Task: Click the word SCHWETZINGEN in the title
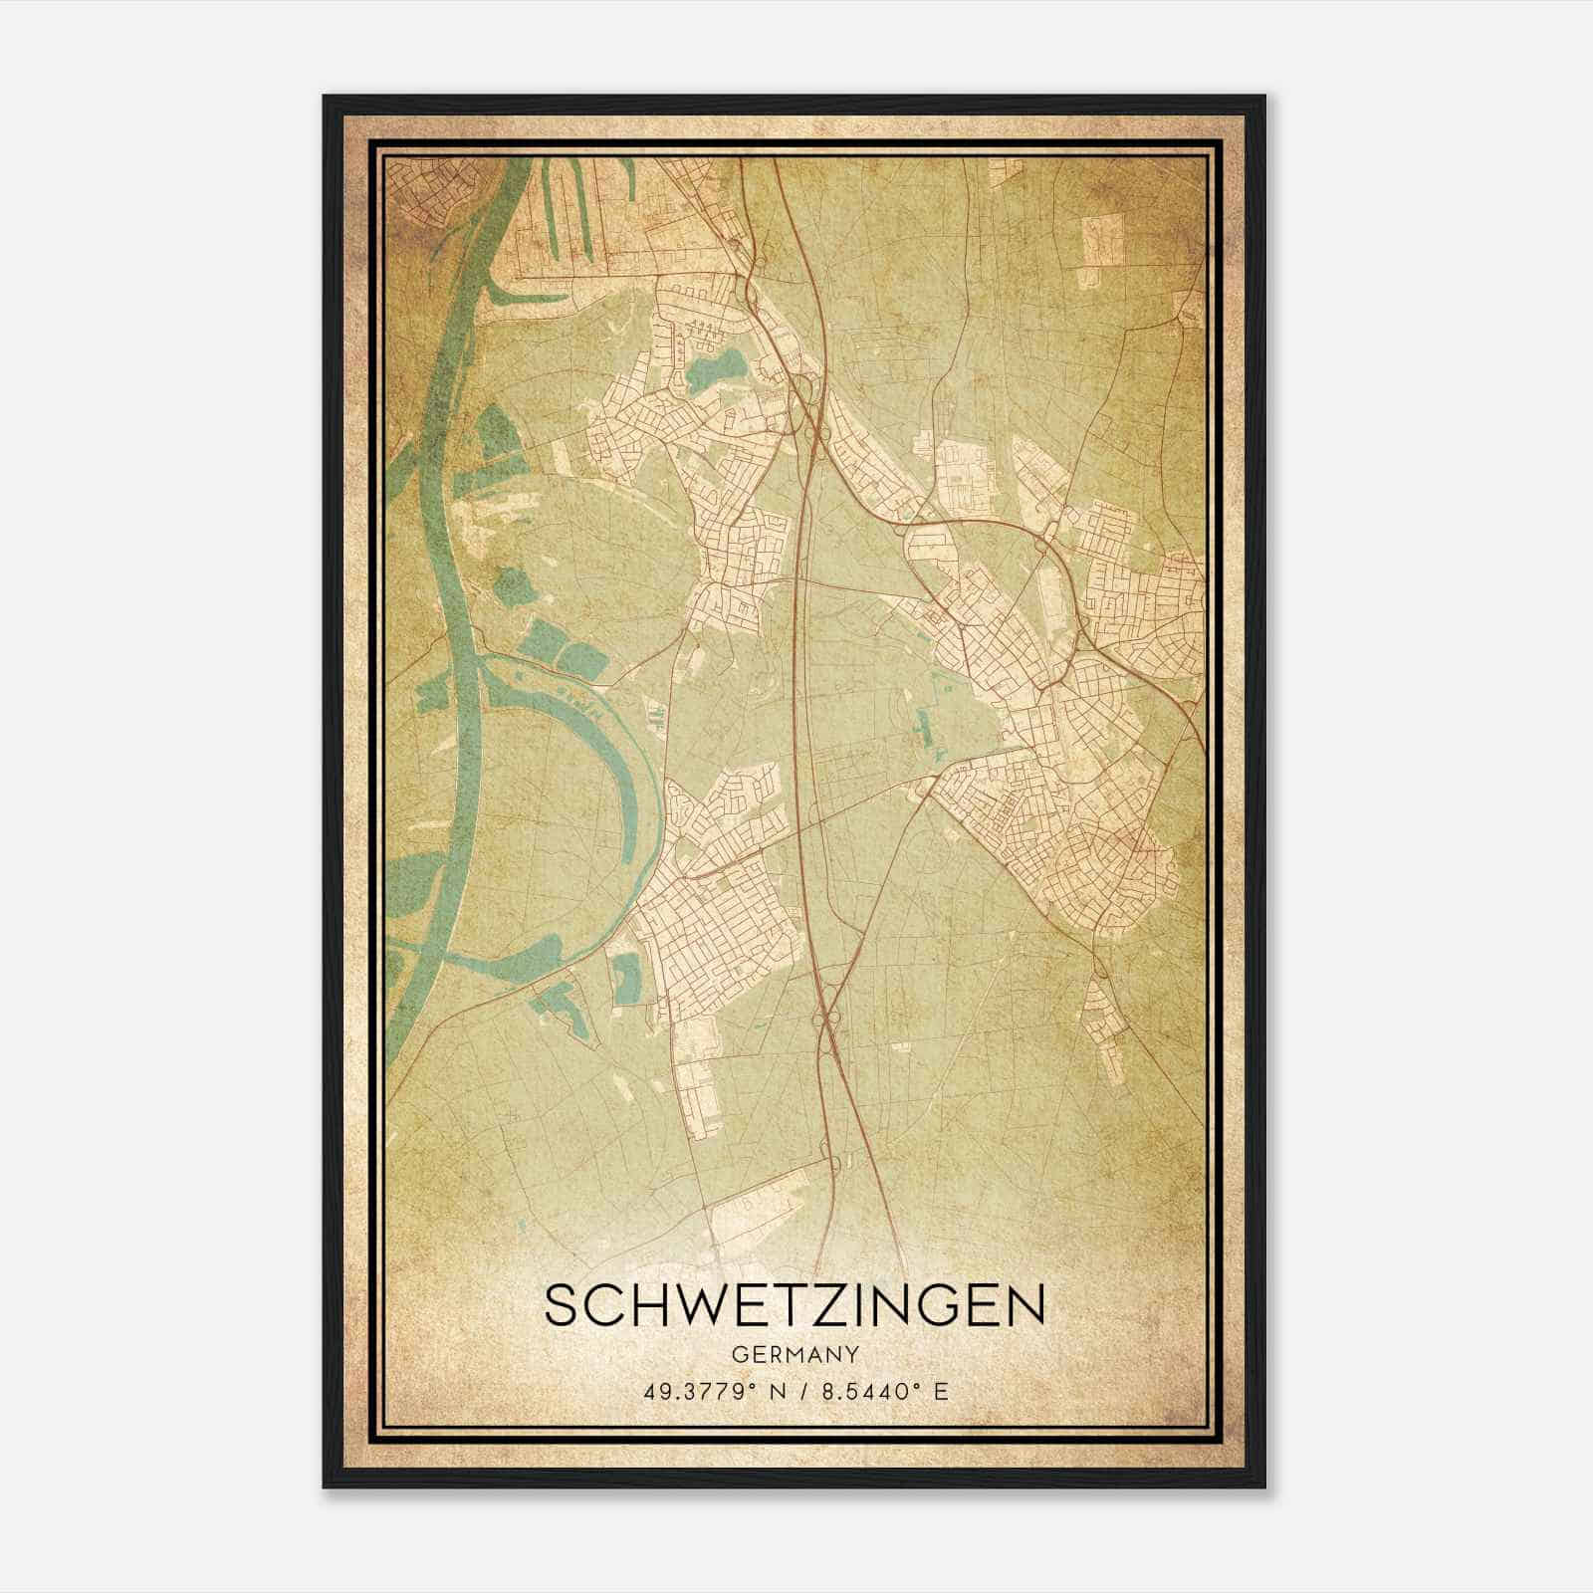795,1306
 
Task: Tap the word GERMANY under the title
795,1355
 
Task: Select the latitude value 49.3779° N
708,1391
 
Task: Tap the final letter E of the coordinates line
941,1391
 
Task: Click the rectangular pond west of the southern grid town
625,976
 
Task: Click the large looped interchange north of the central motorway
801,388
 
